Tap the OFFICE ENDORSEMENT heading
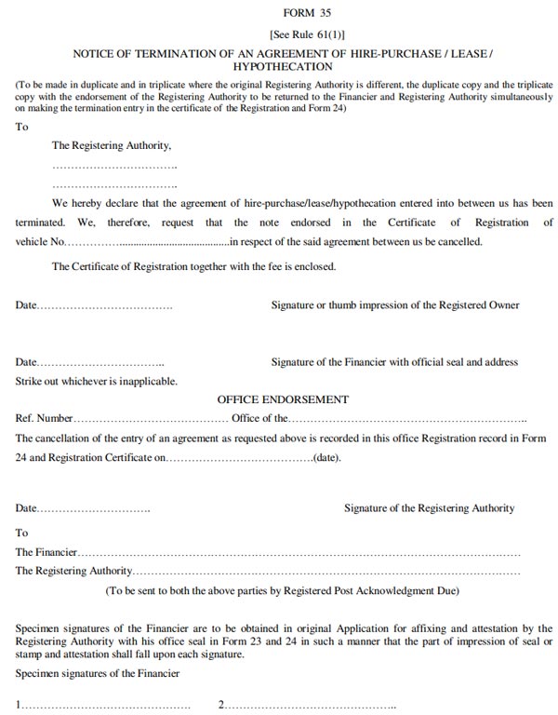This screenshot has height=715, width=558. pos(283,399)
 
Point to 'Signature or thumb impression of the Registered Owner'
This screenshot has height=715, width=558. pos(395,305)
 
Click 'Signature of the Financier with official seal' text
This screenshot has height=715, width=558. pos(394,362)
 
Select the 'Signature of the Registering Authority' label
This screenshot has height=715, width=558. pos(429,509)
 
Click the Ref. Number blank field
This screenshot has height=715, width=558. pos(151,419)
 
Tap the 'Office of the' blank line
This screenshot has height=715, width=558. pos(409,419)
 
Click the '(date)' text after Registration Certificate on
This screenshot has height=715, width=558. pos(327,458)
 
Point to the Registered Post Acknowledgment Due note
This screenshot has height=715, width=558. pos(282,590)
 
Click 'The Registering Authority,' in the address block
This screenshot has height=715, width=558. pos(112,146)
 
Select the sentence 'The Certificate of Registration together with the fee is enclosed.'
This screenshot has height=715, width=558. pos(193,267)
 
